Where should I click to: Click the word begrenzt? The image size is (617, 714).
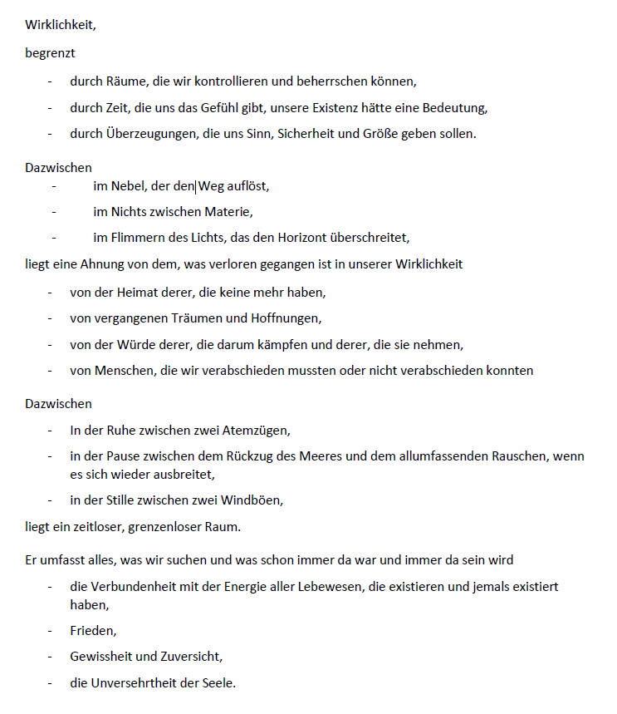coord(50,55)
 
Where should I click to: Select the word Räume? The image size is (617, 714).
coord(124,81)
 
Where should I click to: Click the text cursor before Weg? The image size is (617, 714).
coord(195,186)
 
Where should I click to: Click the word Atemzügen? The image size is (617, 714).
coord(258,431)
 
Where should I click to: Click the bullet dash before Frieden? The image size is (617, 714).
coord(50,631)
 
